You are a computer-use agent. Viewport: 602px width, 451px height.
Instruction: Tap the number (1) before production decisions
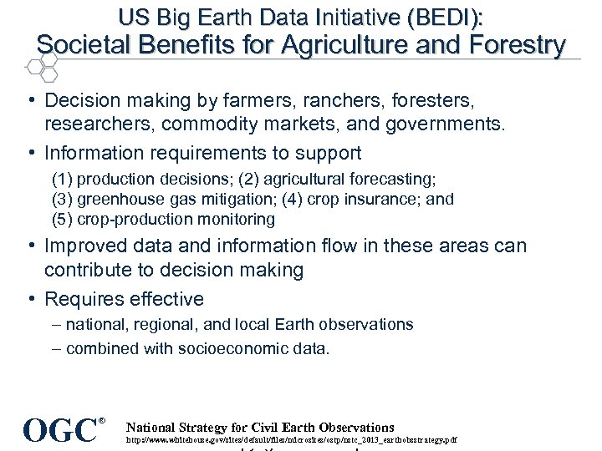(62, 180)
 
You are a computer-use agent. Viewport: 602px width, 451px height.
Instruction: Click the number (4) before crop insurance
(293, 200)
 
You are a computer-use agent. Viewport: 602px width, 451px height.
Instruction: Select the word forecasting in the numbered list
(393, 180)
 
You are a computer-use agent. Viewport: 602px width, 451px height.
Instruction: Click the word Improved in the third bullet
(80, 246)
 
